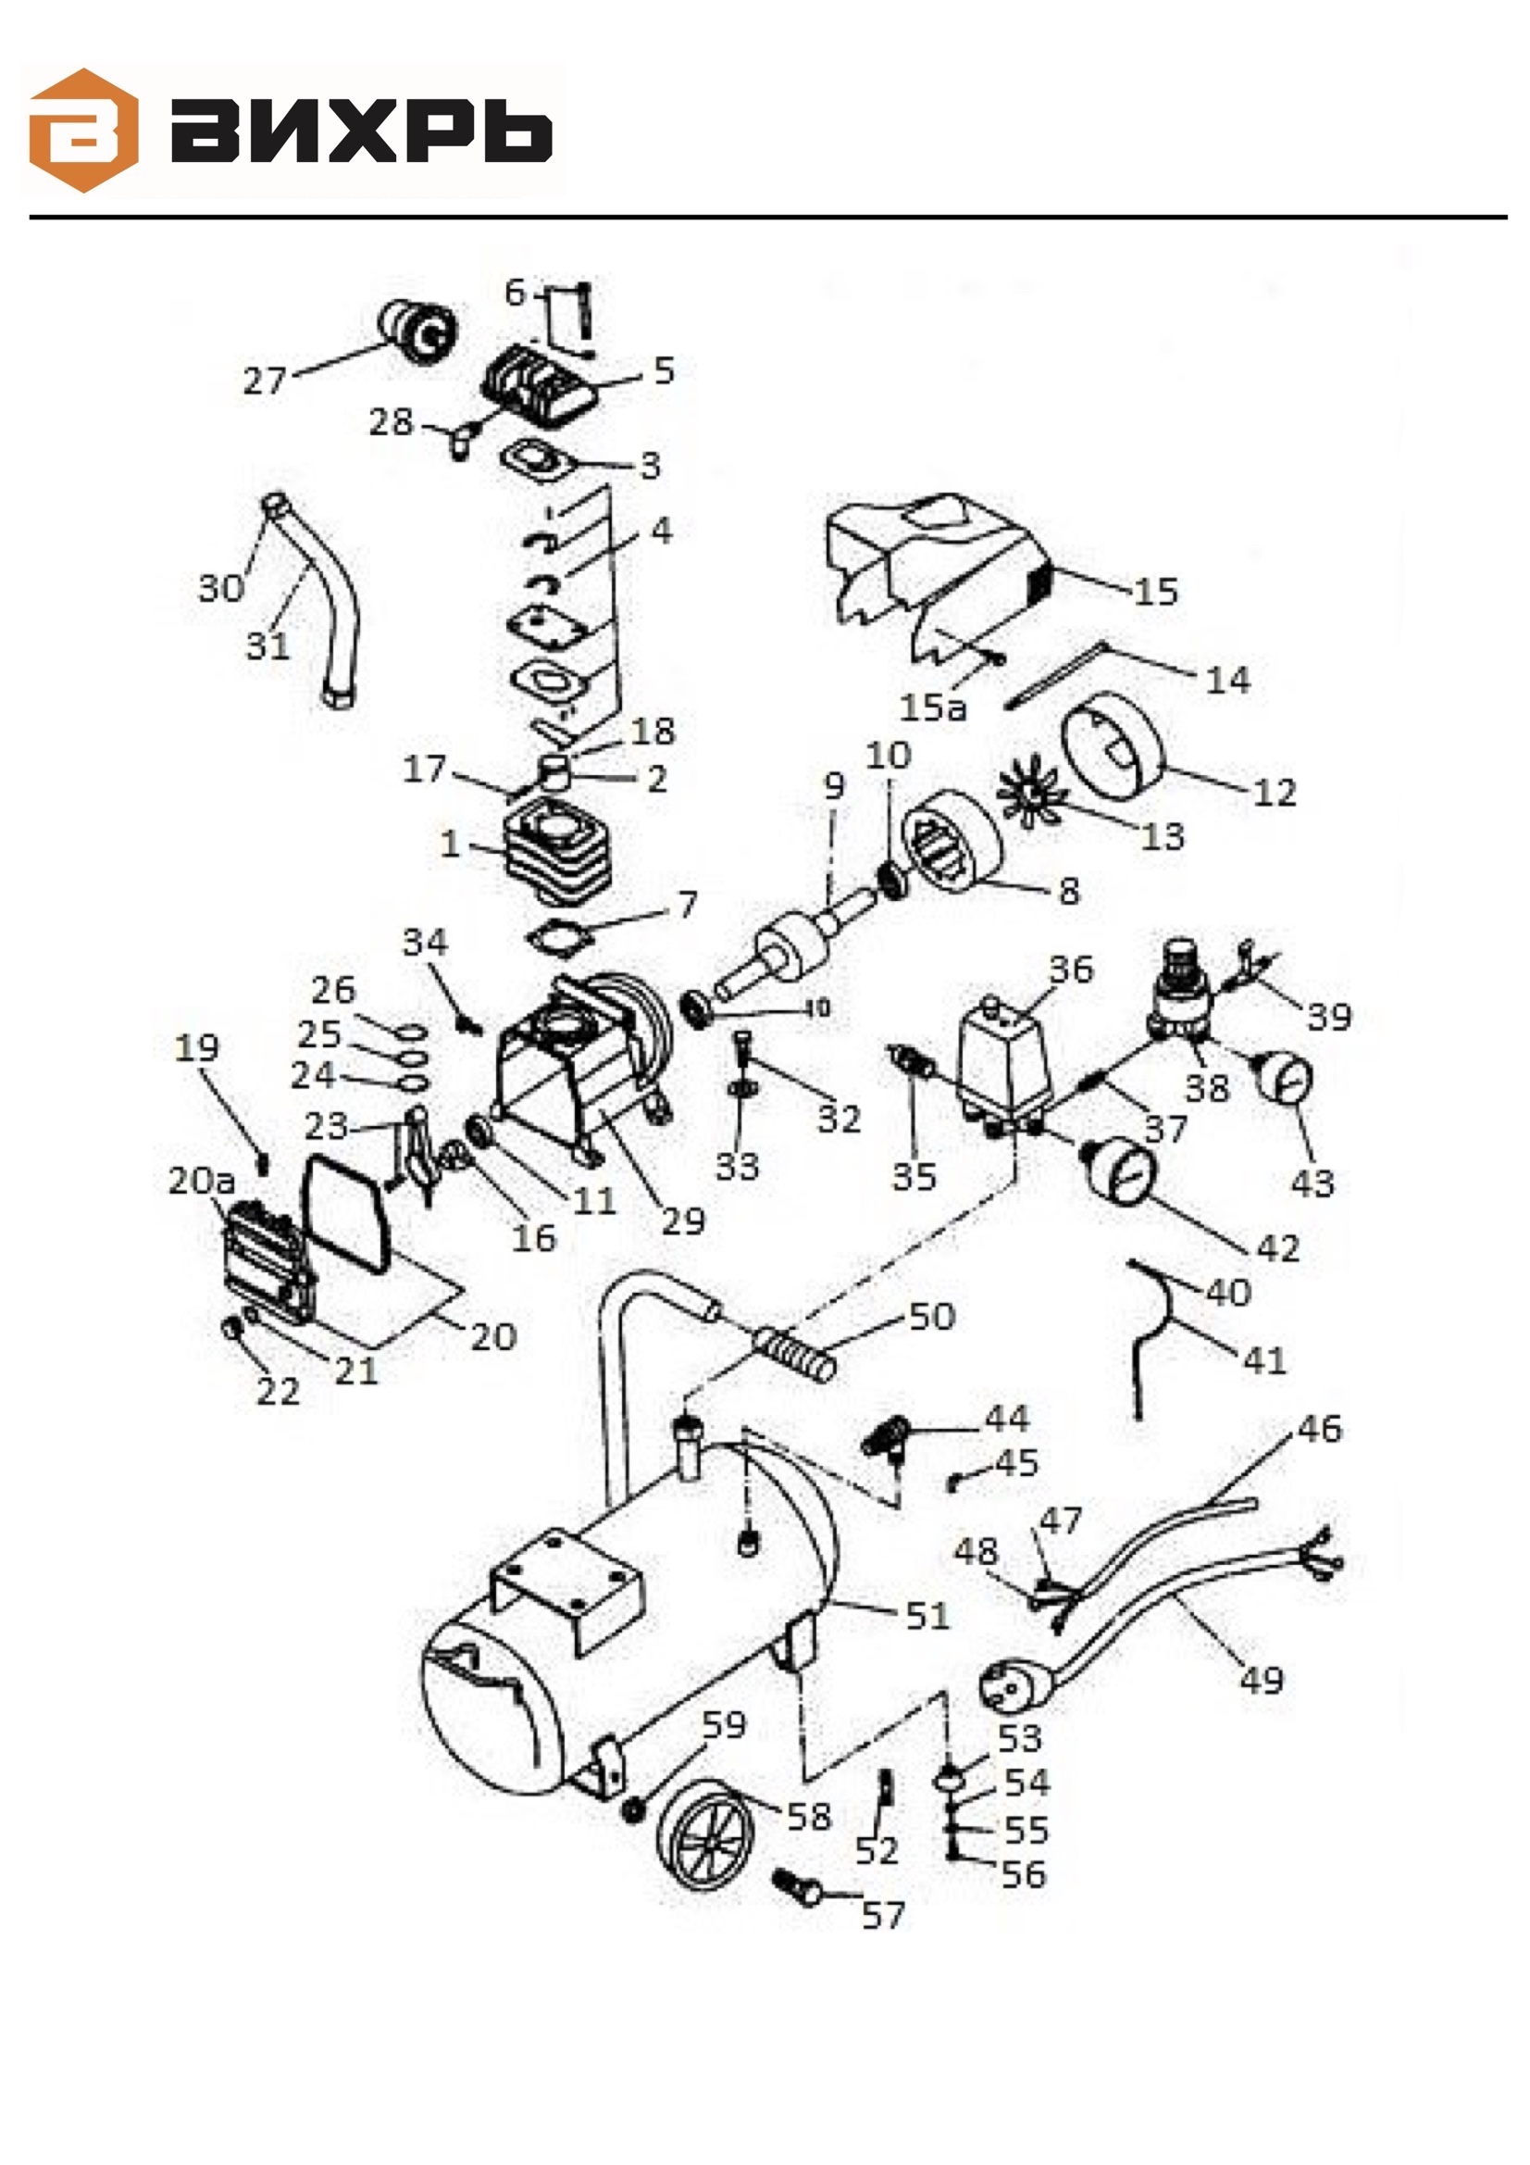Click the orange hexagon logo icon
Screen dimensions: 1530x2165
(84, 131)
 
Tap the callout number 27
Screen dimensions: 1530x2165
(264, 381)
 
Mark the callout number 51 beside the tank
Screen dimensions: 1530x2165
(927, 1616)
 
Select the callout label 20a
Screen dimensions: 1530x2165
(201, 1181)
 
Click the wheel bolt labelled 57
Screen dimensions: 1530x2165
(798, 1886)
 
